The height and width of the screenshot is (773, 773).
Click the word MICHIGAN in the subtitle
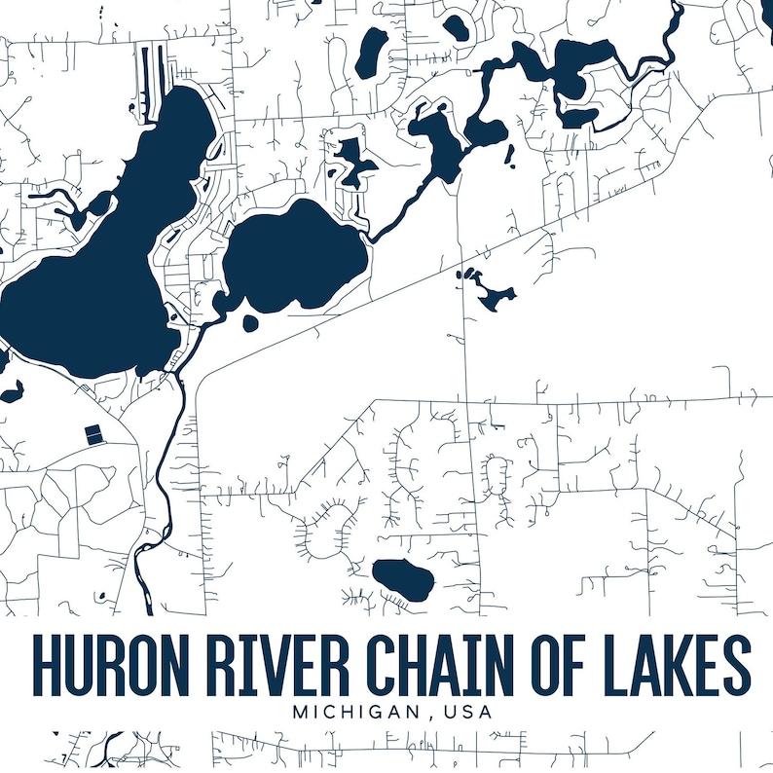(357, 712)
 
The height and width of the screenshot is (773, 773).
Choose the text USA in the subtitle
(465, 712)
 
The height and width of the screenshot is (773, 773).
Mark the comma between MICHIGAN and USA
(429, 717)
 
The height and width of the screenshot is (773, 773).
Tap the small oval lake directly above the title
(404, 579)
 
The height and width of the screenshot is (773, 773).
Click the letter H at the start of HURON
(45, 666)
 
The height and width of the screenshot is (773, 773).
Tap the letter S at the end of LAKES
(736, 666)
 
